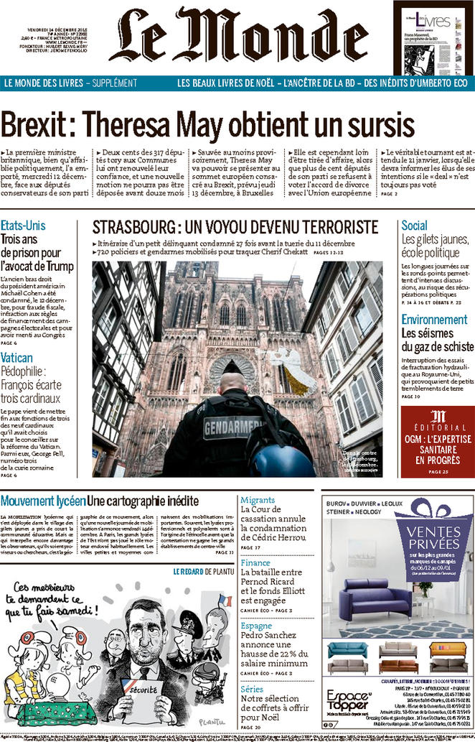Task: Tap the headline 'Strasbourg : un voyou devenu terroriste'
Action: coord(235,228)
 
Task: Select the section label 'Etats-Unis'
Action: coord(23,225)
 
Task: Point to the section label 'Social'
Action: coord(414,226)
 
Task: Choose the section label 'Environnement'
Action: coord(433,319)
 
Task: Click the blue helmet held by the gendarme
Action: coord(282,460)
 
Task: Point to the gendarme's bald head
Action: coord(233,382)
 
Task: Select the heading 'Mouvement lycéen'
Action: coord(43,501)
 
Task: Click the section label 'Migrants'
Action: coord(258,500)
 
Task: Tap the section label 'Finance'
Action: coord(255,563)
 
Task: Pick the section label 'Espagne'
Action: coord(257,626)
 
